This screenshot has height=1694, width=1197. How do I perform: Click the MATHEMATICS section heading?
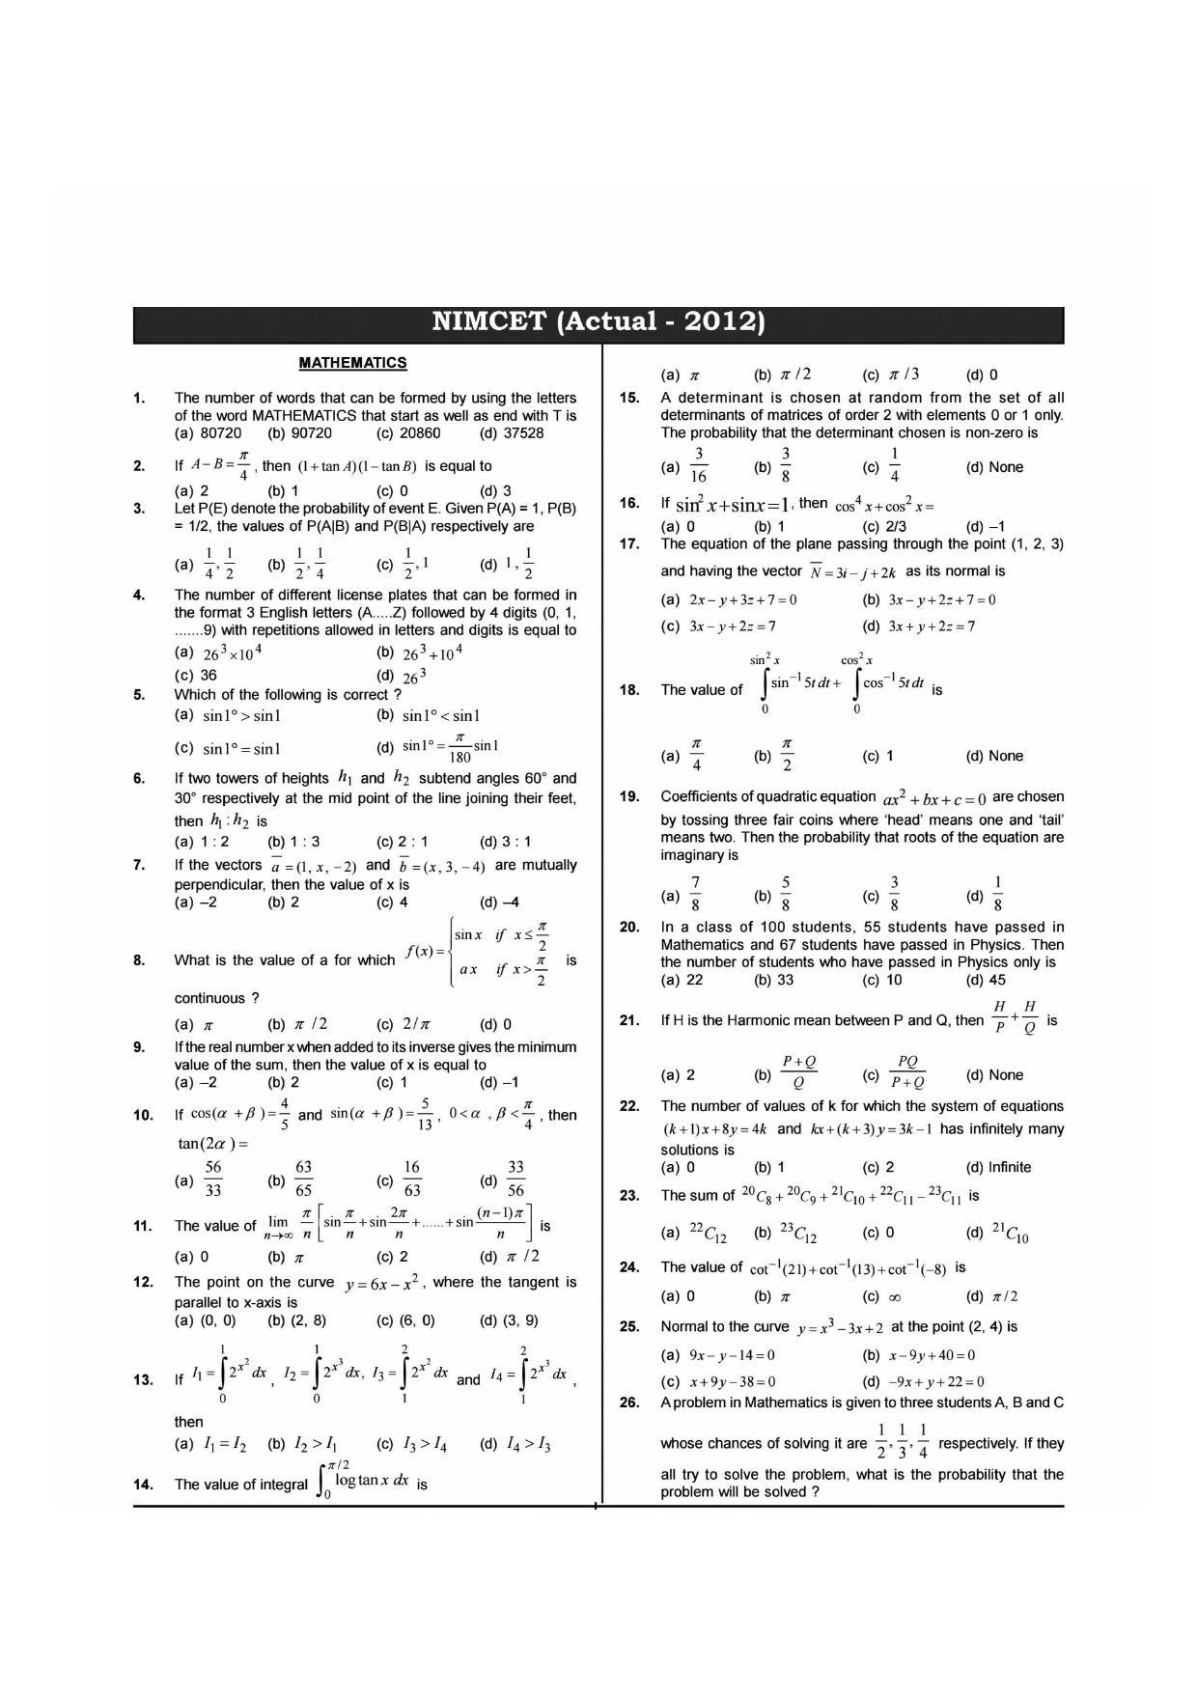click(x=352, y=363)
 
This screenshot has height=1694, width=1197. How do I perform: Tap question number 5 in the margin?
click(x=139, y=694)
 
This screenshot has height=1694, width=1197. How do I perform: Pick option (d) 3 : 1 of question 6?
click(x=505, y=841)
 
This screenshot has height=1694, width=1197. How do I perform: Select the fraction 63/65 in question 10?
click(x=303, y=1180)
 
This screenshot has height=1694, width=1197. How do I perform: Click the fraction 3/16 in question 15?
click(x=698, y=465)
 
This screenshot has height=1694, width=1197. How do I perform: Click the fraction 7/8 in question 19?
click(x=695, y=894)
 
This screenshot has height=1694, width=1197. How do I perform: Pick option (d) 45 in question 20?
click(x=986, y=980)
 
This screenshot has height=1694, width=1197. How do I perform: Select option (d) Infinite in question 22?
click(x=998, y=1167)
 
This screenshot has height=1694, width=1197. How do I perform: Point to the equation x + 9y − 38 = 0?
click(x=732, y=1381)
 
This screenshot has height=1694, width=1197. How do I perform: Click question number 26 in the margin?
click(x=629, y=1402)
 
